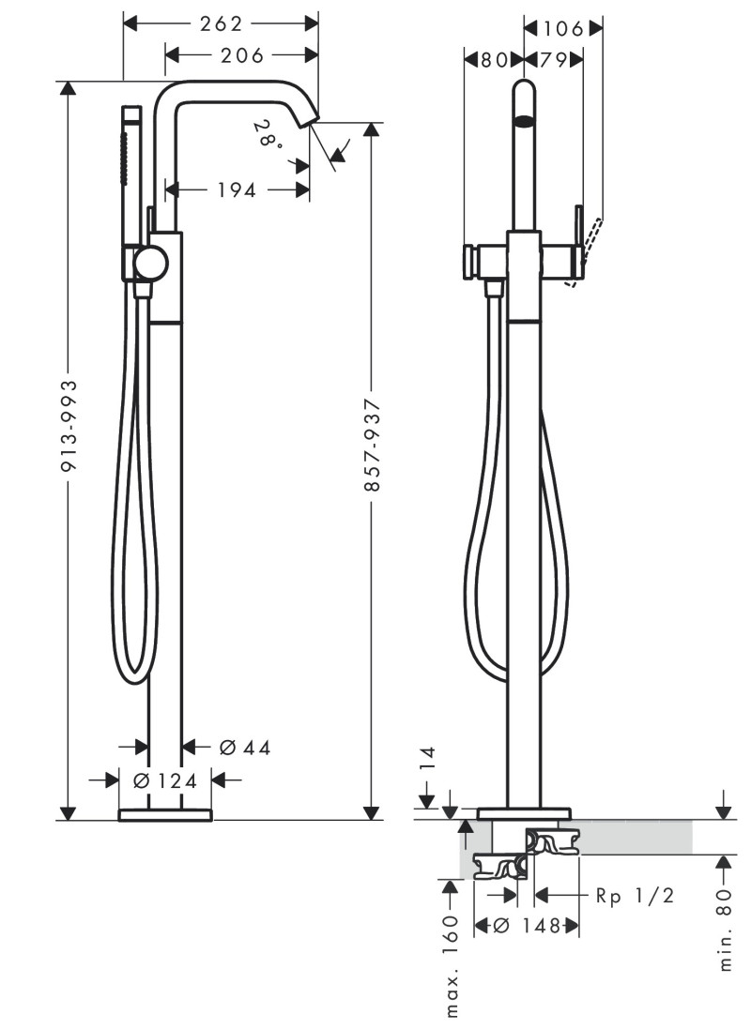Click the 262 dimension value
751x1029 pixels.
(x=222, y=23)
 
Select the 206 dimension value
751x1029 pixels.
(x=241, y=55)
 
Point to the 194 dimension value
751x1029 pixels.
(x=237, y=190)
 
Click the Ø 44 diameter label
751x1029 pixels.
(x=244, y=748)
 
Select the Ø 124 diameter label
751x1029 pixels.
(x=165, y=779)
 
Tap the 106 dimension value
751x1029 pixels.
(x=562, y=28)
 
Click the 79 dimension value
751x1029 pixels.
(x=553, y=60)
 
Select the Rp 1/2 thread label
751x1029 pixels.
(x=635, y=896)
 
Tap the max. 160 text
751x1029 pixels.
(x=451, y=965)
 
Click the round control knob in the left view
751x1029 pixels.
(x=149, y=264)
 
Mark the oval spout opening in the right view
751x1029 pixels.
(x=525, y=121)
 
